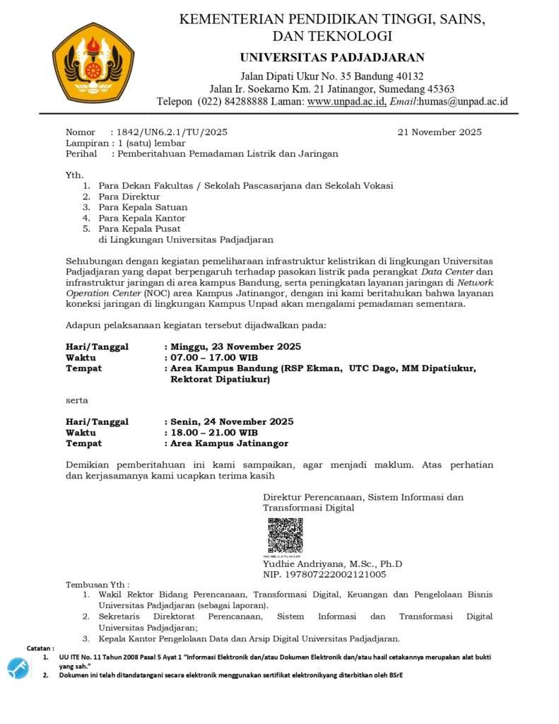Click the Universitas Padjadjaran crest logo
coord(93,63)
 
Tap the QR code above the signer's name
coord(285,535)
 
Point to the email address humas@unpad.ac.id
coord(463,101)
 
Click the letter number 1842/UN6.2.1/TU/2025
coord(172,132)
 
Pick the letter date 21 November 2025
coord(440,132)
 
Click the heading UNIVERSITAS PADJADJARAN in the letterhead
coord(332,57)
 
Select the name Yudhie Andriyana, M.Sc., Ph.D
coord(332,564)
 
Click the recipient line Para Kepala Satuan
coord(143,207)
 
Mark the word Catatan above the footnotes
coord(40,648)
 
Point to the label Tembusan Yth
coord(98,585)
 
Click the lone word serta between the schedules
coord(77,400)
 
